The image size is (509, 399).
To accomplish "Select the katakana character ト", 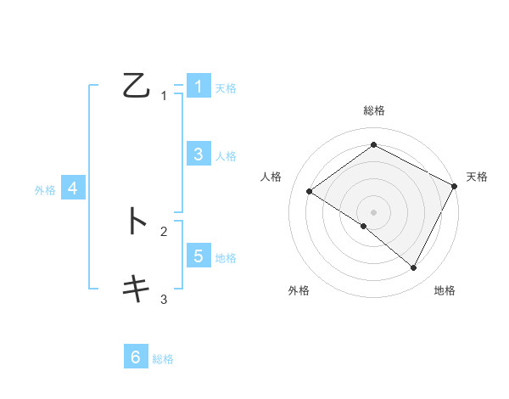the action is point(136,221).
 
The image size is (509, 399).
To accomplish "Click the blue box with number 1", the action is point(198,86).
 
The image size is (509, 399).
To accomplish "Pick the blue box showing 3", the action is point(198,154).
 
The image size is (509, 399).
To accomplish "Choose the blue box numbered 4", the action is point(73,188).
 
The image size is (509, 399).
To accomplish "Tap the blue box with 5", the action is point(198,256).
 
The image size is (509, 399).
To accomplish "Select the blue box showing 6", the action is point(136,357).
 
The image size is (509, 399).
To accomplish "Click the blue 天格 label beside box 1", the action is point(226,87).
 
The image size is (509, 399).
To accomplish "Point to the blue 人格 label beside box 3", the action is point(226,155).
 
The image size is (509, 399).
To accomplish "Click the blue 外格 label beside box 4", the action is point(45,190).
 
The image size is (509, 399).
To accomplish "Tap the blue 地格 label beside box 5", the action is point(226,257).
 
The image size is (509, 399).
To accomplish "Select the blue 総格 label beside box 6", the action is point(163,359).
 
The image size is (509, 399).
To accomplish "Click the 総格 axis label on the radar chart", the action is point(374,110).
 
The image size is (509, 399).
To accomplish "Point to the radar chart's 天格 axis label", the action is point(477,177).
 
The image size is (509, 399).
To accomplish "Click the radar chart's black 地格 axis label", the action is point(445,290).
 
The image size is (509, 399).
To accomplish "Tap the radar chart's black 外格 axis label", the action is point(299,290).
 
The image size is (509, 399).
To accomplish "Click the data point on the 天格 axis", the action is point(455,186).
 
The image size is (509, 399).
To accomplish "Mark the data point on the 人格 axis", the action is point(309,192).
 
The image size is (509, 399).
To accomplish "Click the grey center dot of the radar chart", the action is point(374,212).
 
